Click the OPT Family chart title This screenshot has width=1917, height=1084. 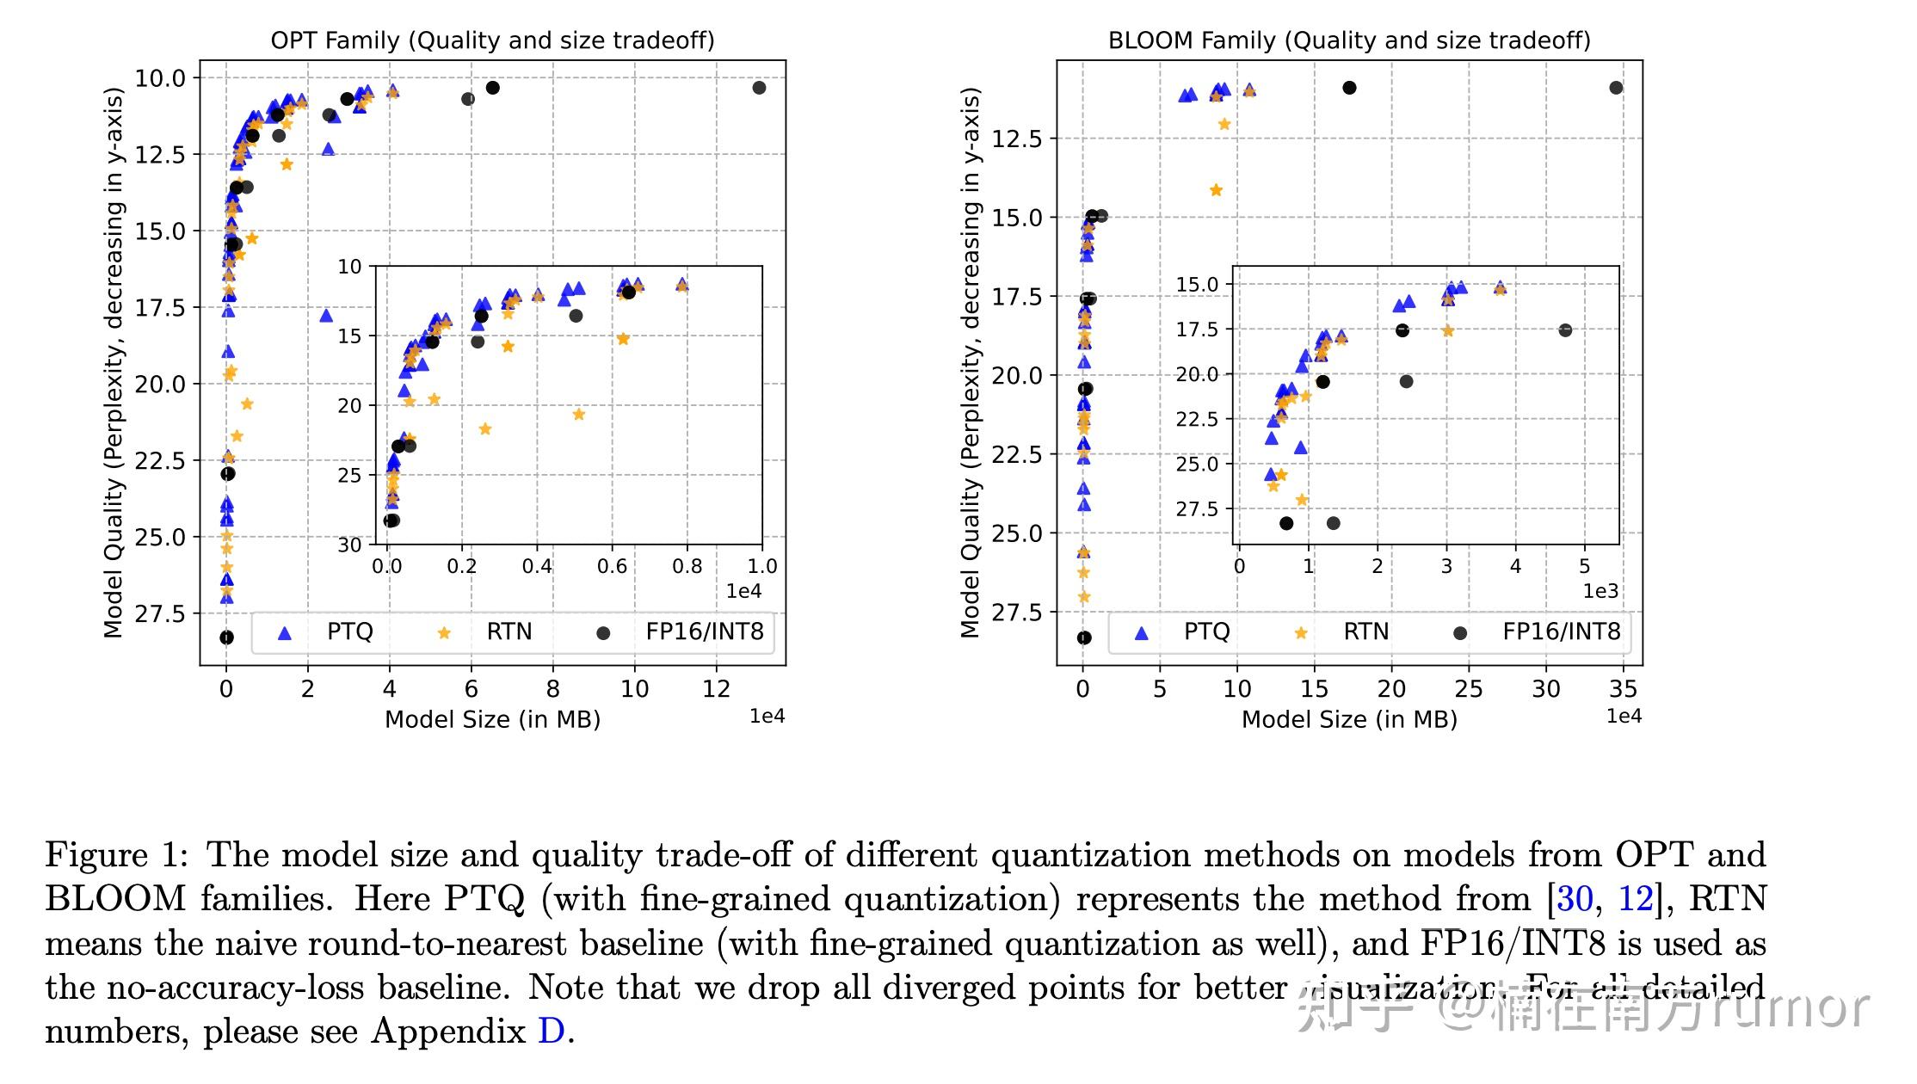(492, 40)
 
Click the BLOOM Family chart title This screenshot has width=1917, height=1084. (1348, 40)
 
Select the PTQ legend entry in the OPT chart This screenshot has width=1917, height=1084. (349, 631)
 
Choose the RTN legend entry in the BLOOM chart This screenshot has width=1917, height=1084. (1365, 631)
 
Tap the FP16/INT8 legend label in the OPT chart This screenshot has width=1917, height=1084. (704, 631)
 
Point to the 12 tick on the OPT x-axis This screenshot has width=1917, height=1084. (716, 689)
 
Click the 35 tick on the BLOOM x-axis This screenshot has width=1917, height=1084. (1623, 689)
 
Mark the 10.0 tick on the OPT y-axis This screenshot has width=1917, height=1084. (160, 78)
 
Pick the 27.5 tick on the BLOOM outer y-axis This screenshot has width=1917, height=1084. (1017, 613)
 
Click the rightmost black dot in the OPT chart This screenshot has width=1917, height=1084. (759, 88)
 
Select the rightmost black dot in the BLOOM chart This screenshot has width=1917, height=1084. (1616, 88)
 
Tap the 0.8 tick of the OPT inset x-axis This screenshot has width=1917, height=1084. (687, 566)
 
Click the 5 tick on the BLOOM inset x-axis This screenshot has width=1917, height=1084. (1584, 566)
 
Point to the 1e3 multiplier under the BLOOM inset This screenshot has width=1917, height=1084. (1600, 591)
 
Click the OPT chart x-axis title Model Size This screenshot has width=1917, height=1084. (492, 719)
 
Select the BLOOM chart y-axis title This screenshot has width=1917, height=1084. (971, 361)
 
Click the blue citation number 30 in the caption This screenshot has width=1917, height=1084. (1575, 898)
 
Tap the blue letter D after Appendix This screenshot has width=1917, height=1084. (551, 1031)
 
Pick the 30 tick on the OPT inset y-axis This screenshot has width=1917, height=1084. (349, 545)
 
